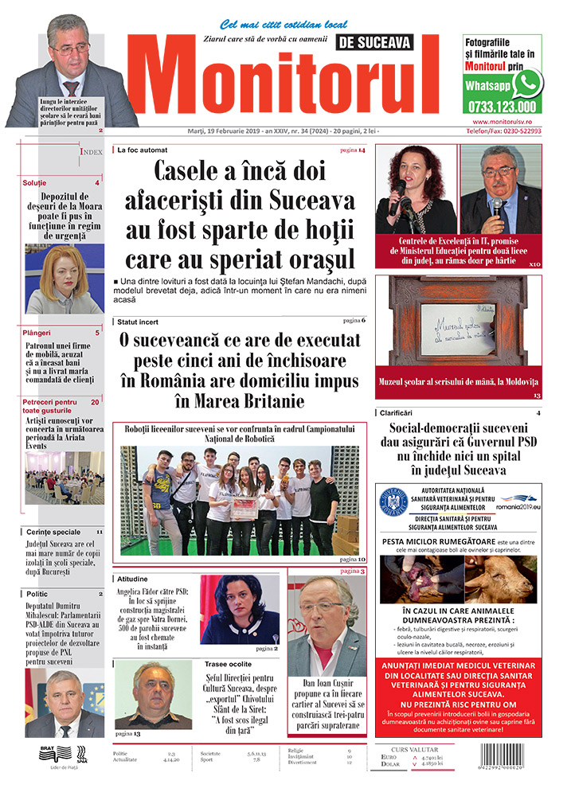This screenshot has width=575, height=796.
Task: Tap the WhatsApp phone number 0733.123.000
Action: tap(502, 107)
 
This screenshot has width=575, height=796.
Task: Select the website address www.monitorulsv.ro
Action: tap(502, 122)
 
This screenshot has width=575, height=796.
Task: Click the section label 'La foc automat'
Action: tap(143, 150)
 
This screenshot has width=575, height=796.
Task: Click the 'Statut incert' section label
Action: tap(138, 321)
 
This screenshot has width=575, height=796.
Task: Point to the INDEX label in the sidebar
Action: tap(91, 151)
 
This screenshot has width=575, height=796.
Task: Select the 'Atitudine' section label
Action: tap(133, 579)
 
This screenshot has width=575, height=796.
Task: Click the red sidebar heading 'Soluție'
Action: tap(34, 183)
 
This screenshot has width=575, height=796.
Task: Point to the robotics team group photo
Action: tap(239, 500)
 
